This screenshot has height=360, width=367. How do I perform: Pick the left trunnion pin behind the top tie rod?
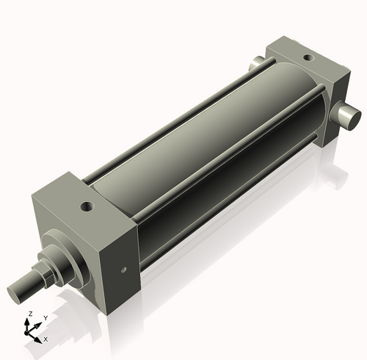258,65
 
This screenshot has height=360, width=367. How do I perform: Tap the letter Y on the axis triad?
46,317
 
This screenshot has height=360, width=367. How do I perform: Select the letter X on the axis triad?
46,339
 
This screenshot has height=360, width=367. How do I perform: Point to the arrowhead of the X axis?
40,339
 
